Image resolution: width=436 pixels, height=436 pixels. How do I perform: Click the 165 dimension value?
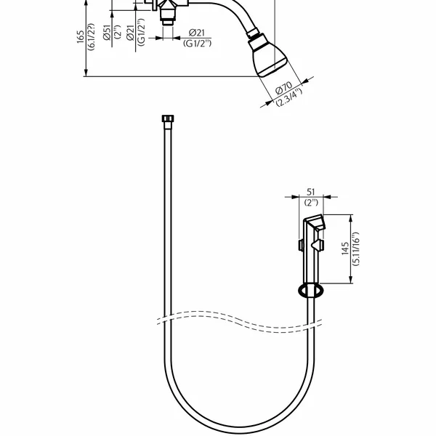click(81, 36)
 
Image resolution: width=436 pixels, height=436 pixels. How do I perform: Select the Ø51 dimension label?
click(107, 32)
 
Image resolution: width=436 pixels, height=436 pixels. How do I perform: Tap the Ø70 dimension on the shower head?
click(283, 88)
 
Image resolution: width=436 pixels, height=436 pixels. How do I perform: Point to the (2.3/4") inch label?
click(289, 97)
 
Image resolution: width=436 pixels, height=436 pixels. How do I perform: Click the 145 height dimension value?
click(345, 249)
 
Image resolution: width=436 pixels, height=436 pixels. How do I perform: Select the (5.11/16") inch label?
click(355, 249)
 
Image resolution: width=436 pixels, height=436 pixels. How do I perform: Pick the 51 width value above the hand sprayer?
click(310, 192)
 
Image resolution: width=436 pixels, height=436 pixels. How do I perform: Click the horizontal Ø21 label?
click(197, 33)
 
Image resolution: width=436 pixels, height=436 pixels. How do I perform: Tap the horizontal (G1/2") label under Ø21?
click(197, 44)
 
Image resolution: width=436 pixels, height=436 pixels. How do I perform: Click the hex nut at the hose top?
click(168, 118)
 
